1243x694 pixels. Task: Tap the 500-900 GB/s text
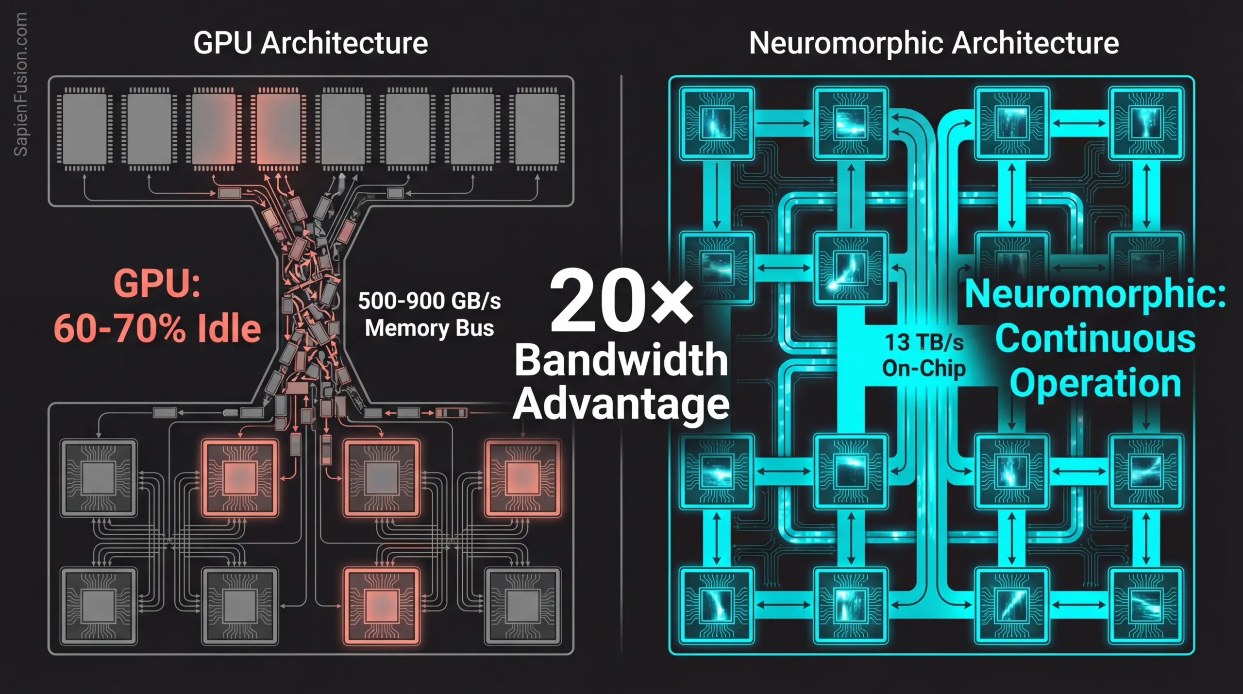click(x=429, y=301)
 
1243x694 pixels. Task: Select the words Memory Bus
click(x=429, y=328)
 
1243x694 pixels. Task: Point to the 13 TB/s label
click(x=924, y=342)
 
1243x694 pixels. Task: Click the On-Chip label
click(x=924, y=368)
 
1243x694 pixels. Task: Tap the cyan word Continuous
click(x=1095, y=339)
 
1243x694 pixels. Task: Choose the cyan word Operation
click(x=1095, y=384)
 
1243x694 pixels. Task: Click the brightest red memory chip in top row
click(x=278, y=129)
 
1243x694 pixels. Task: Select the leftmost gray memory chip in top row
click(x=84, y=129)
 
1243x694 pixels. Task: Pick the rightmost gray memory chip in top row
click(x=537, y=129)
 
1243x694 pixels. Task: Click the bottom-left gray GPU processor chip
click(x=99, y=606)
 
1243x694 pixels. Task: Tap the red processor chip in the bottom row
click(x=382, y=606)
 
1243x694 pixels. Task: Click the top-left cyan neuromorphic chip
click(x=717, y=123)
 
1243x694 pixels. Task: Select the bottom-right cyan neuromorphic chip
click(x=1146, y=605)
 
